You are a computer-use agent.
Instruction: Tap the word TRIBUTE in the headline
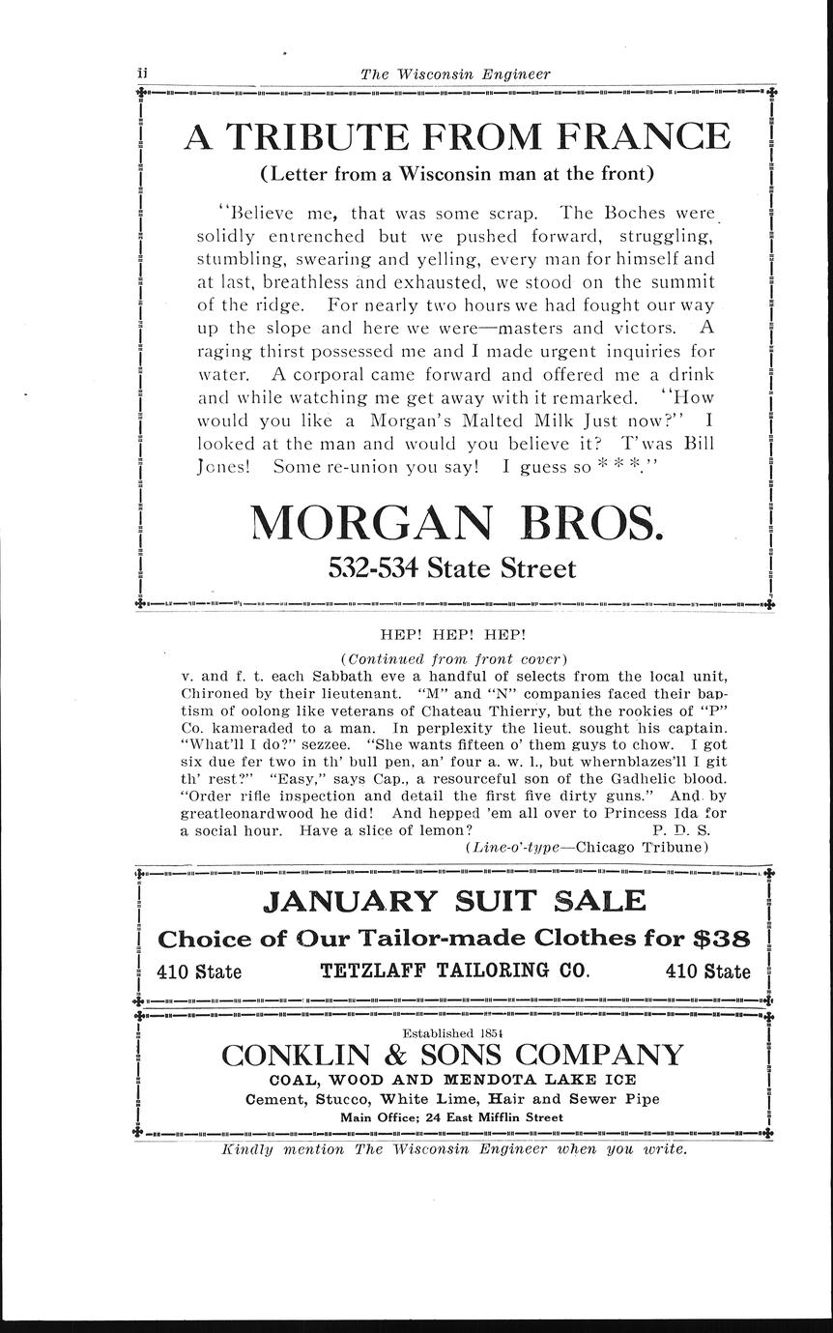click(x=329, y=136)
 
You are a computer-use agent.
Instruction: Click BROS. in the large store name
click(x=592, y=523)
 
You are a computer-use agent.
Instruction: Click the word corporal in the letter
click(x=338, y=374)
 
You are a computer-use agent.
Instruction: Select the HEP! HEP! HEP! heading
click(x=453, y=635)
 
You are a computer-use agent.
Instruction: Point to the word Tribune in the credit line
click(x=674, y=847)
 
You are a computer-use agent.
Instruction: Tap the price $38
click(x=722, y=939)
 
